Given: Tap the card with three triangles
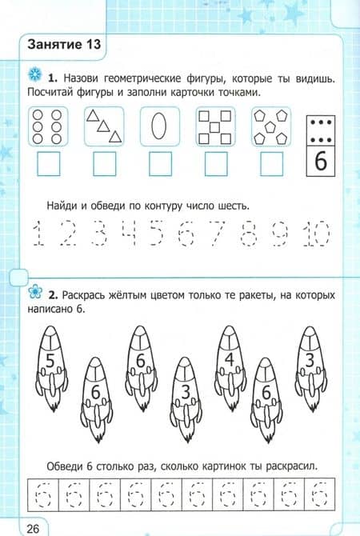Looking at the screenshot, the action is tap(104, 126).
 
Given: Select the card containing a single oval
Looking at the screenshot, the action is tap(160, 126).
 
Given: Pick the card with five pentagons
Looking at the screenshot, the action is tap(271, 126).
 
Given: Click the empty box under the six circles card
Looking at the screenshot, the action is tap(48, 164).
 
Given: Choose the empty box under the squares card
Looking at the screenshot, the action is tap(216, 164).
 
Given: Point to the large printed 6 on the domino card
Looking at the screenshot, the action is tap(320, 161).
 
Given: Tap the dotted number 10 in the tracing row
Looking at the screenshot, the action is tap(317, 234).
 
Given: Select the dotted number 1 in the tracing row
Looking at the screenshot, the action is tap(38, 234).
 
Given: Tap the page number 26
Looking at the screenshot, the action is tap(33, 529).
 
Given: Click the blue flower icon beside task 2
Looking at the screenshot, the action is tap(35, 291).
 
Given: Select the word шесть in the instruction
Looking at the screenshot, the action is tap(233, 206).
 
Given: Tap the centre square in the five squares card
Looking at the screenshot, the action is tap(214, 127).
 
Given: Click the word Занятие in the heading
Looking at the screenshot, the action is tap(54, 45).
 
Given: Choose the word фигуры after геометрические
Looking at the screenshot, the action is tap(206, 79).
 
